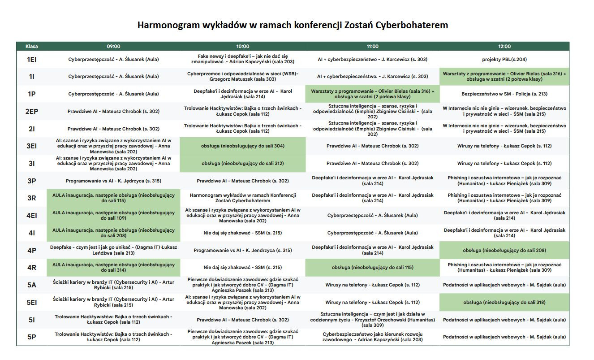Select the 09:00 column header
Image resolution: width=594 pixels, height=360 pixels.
coord(113,46)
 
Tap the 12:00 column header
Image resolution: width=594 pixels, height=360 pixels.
coord(504,46)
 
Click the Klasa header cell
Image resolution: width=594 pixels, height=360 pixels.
coord(31,46)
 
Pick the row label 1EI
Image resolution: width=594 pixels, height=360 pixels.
coord(31,59)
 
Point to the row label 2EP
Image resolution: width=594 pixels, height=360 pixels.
coord(31,111)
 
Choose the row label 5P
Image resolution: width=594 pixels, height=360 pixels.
coord(31,337)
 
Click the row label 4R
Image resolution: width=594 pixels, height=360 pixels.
coord(31,268)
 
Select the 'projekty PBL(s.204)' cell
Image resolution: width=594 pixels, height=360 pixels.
coord(504,59)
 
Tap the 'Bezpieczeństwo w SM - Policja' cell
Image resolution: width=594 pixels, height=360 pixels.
coord(504,94)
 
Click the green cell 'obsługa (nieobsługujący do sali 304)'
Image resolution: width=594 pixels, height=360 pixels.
coord(242,146)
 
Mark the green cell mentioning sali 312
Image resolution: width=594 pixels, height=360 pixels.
coord(242,164)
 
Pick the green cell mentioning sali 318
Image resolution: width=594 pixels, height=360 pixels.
coord(504,303)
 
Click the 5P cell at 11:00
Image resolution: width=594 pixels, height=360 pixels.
coord(372,337)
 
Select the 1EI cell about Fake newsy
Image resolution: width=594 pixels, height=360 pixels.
coord(242,59)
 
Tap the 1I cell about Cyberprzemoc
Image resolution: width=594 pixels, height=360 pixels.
coord(242,77)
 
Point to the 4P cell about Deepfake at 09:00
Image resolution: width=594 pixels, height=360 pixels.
coord(113,250)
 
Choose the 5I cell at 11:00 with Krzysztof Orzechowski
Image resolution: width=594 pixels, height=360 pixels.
coord(372,320)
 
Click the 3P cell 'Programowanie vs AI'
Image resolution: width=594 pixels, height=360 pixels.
coord(113,181)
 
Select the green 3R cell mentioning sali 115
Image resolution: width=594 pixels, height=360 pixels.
coord(113,198)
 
